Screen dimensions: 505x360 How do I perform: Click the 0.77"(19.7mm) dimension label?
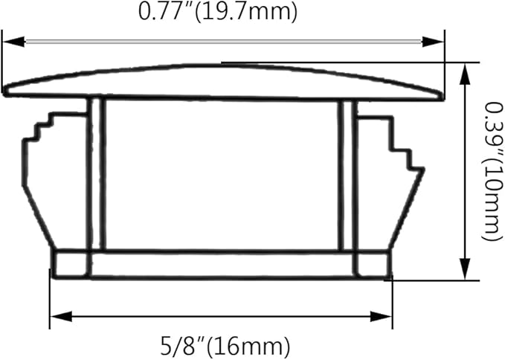coord(218,12)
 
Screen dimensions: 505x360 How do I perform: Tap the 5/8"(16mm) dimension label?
coord(225,346)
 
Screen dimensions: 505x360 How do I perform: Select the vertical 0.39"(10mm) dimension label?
coord(492,171)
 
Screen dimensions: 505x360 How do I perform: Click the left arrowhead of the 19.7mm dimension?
coord(13,42)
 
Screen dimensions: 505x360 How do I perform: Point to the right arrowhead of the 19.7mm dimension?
coord(433,42)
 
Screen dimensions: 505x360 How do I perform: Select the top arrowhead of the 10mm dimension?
coord(464,74)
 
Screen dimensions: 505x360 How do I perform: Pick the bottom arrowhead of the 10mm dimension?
coord(464,269)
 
